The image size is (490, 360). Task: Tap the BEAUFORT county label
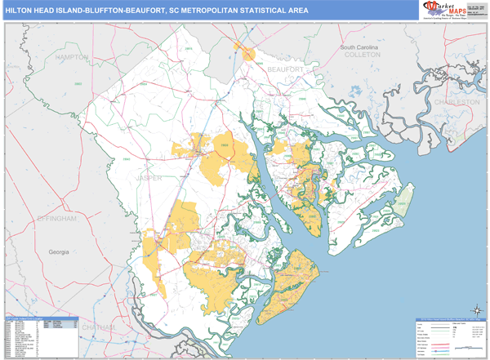(x=290, y=71)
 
